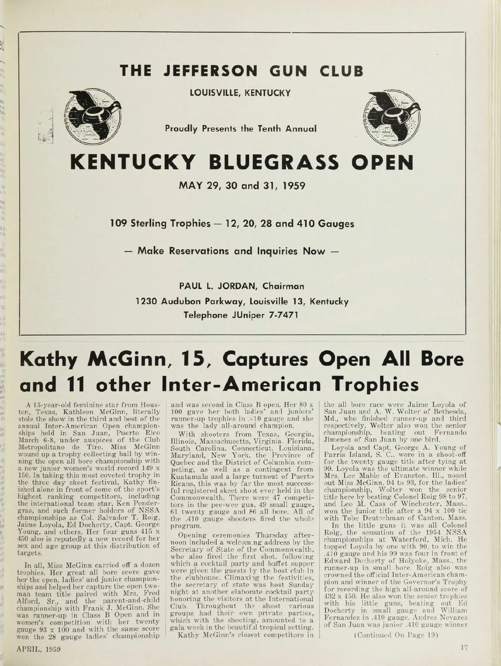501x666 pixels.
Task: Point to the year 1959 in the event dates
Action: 291,185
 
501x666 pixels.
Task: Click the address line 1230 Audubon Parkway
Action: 241,301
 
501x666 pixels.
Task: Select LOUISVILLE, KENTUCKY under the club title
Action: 240,93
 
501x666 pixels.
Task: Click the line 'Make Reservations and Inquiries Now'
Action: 241,251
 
